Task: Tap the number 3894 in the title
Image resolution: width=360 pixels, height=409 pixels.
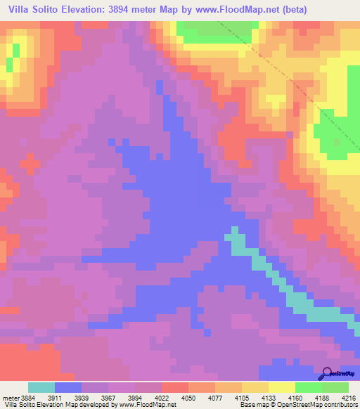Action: point(136,9)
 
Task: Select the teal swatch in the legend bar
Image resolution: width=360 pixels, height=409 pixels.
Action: point(41,387)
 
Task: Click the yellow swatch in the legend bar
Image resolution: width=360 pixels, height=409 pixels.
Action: point(281,387)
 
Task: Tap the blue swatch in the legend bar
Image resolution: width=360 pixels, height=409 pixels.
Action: point(68,387)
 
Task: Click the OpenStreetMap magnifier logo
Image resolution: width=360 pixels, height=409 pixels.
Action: point(327,373)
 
